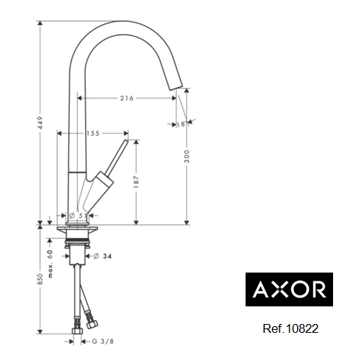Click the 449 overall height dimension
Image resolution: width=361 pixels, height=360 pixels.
tap(40, 123)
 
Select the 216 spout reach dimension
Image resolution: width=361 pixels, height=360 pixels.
tap(126, 98)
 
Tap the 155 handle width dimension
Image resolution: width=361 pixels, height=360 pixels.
tap(93, 134)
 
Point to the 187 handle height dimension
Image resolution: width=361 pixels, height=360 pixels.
tap(137, 181)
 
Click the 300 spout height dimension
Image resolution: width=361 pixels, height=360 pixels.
tap(187, 156)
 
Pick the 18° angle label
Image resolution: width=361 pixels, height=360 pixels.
tap(181, 124)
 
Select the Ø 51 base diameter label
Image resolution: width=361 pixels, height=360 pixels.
tap(77, 216)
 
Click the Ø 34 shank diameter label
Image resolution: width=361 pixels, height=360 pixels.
tap(102, 256)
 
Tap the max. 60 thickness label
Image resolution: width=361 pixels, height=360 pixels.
tap(50, 264)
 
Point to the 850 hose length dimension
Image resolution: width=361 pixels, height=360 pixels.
tap(40, 279)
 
